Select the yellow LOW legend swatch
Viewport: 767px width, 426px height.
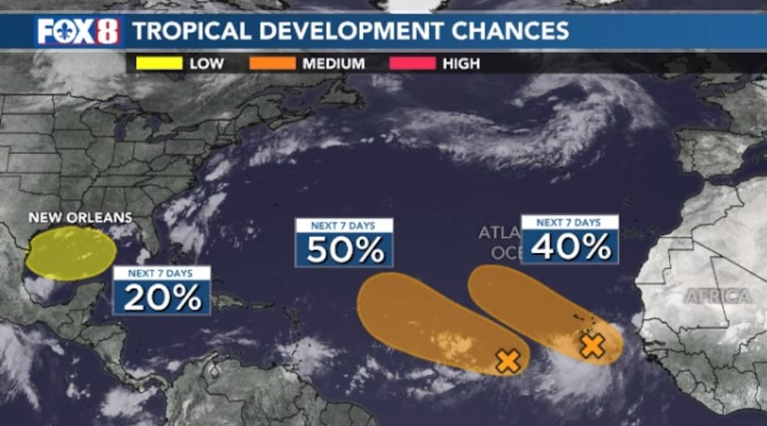pos(159,63)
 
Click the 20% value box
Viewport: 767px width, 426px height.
pos(162,298)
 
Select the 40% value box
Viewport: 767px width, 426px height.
pos(570,246)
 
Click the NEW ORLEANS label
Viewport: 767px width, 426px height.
pos(81,217)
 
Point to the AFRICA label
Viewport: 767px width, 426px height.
pos(718,296)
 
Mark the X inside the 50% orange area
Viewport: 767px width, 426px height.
pos(508,361)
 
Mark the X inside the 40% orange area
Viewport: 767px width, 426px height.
pos(592,345)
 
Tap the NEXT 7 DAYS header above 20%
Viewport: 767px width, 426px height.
pos(162,273)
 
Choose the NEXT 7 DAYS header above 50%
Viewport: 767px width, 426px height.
pos(344,225)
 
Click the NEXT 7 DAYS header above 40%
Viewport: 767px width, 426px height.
pos(570,222)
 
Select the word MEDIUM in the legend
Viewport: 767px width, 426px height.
pos(333,63)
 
